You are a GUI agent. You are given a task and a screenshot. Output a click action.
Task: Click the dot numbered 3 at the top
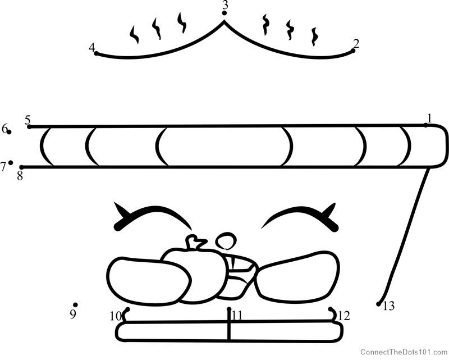[224, 13]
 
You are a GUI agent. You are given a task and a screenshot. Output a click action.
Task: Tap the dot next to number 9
[75, 305]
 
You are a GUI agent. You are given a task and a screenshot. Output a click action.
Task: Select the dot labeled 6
[9, 132]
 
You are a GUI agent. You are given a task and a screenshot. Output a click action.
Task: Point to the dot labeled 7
[11, 162]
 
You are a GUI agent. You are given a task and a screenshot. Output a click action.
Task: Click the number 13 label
[388, 307]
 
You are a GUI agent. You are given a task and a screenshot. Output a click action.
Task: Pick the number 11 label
[237, 316]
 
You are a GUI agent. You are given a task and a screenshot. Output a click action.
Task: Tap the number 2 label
[356, 44]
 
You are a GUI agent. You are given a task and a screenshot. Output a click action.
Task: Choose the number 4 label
[91, 47]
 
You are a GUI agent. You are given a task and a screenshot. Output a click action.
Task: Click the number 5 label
[28, 120]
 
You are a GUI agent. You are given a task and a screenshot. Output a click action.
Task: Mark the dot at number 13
[378, 304]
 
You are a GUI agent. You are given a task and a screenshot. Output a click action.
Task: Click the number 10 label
[115, 316]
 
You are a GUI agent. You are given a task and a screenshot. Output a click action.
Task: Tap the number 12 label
[344, 316]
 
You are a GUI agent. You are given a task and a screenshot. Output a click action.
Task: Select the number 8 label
[20, 176]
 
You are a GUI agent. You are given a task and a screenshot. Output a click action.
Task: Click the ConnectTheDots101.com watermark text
[404, 352]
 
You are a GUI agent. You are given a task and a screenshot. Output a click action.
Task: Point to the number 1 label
[429, 118]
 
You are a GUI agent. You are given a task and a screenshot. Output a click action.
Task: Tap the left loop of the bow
[148, 280]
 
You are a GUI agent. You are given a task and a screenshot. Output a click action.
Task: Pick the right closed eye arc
[300, 218]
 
